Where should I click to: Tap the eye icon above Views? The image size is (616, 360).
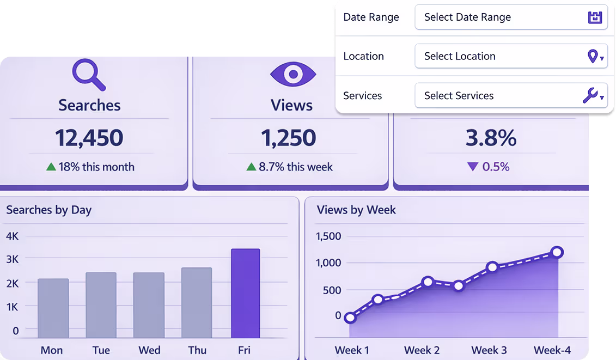tap(293, 74)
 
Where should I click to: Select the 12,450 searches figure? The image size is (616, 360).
tap(89, 138)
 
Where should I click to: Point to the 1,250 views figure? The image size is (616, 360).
tap(289, 138)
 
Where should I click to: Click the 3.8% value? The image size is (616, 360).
tap(491, 138)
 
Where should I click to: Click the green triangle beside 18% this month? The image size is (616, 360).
tap(51, 167)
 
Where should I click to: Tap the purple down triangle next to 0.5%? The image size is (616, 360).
tap(473, 167)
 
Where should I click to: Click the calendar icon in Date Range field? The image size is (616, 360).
tap(595, 17)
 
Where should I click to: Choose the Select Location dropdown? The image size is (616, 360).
tap(511, 56)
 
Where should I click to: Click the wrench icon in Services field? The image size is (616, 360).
tap(590, 95)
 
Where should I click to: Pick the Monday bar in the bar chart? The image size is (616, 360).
tap(53, 308)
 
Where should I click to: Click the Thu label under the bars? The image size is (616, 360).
tap(197, 350)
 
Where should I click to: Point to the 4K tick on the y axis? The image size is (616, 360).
tap(12, 236)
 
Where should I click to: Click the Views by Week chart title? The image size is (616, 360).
tap(356, 210)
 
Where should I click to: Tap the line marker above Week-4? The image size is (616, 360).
tap(557, 252)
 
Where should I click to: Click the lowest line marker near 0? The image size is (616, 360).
tap(350, 318)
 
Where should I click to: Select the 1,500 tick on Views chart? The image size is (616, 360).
tap(328, 236)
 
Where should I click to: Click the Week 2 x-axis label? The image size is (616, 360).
tap(422, 350)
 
